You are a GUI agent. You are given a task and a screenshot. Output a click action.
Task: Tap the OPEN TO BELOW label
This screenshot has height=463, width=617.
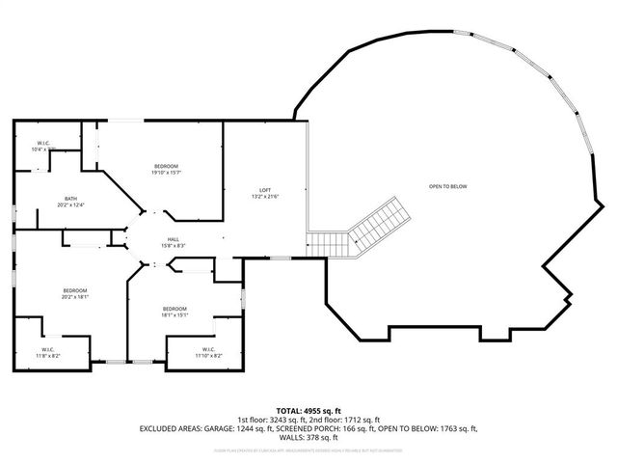tap(447, 185)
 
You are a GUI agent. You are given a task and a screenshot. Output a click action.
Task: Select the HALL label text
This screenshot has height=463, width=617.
tap(173, 239)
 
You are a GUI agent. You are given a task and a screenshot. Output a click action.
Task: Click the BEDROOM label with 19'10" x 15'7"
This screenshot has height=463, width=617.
tap(165, 168)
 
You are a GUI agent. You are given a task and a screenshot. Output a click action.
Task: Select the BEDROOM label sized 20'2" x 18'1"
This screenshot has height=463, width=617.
tap(75, 290)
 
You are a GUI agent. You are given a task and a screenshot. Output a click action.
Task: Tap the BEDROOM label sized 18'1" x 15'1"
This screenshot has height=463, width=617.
tap(174, 309)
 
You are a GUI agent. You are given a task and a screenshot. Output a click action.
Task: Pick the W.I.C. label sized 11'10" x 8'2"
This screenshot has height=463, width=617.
tap(209, 349)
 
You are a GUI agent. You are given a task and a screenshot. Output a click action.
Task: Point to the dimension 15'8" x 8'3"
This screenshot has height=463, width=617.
tap(173, 246)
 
